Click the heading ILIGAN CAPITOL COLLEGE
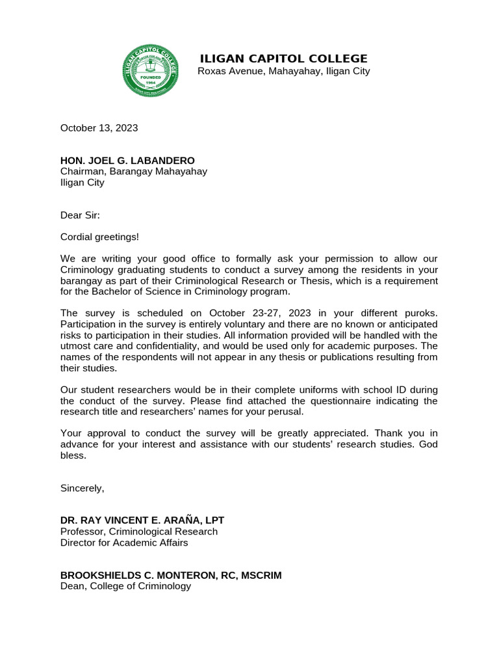(283, 59)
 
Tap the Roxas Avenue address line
(283, 71)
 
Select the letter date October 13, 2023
(99, 127)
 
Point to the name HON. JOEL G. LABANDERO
(127, 160)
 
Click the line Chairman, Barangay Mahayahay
(134, 171)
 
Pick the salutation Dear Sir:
(80, 215)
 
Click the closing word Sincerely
(82, 488)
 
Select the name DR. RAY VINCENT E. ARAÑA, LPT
(142, 520)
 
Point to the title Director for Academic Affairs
(124, 542)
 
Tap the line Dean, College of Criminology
(125, 586)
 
